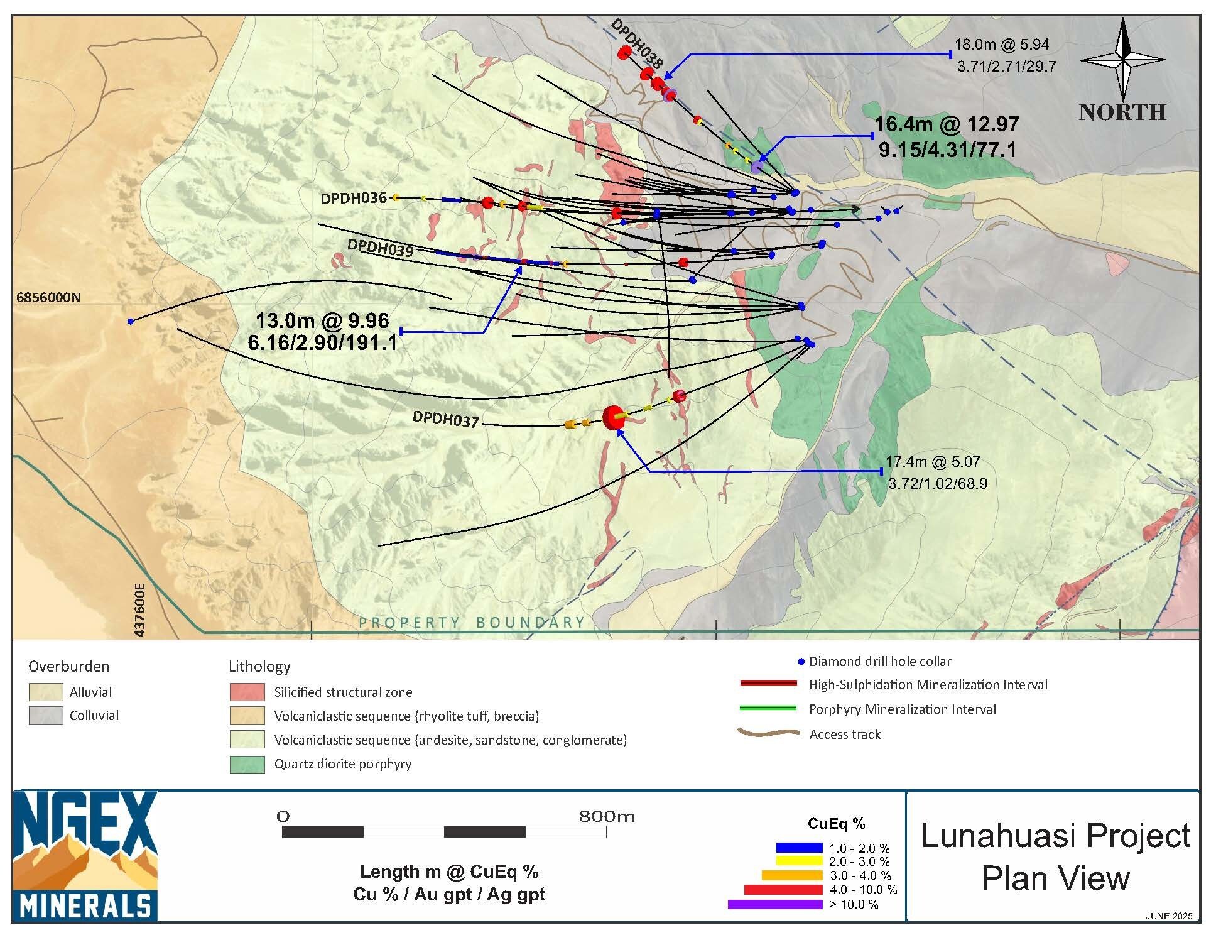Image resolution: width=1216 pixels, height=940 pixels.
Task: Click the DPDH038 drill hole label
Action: click(x=636, y=43)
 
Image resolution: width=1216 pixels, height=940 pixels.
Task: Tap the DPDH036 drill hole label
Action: click(x=354, y=199)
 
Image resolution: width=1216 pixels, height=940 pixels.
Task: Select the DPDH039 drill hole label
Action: click(x=380, y=248)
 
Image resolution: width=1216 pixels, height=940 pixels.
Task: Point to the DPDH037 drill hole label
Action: click(x=445, y=418)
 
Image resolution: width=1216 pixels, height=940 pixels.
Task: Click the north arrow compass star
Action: click(x=1123, y=60)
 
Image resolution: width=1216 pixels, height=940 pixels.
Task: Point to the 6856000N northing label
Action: click(x=48, y=297)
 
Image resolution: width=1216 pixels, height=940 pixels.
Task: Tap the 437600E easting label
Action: click(x=139, y=609)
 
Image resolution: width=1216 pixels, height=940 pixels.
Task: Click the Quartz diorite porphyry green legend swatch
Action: click(x=247, y=765)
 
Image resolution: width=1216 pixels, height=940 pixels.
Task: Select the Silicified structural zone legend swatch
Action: click(x=247, y=692)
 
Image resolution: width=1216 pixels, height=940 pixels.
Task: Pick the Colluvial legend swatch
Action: click(x=46, y=716)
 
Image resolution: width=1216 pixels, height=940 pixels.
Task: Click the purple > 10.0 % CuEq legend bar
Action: click(x=775, y=905)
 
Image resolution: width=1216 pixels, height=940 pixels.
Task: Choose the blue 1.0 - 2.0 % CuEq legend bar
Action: click(x=799, y=848)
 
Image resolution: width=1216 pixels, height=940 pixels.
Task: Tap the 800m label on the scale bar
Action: click(x=607, y=816)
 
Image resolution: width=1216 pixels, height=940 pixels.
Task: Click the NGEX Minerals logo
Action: click(x=85, y=856)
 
